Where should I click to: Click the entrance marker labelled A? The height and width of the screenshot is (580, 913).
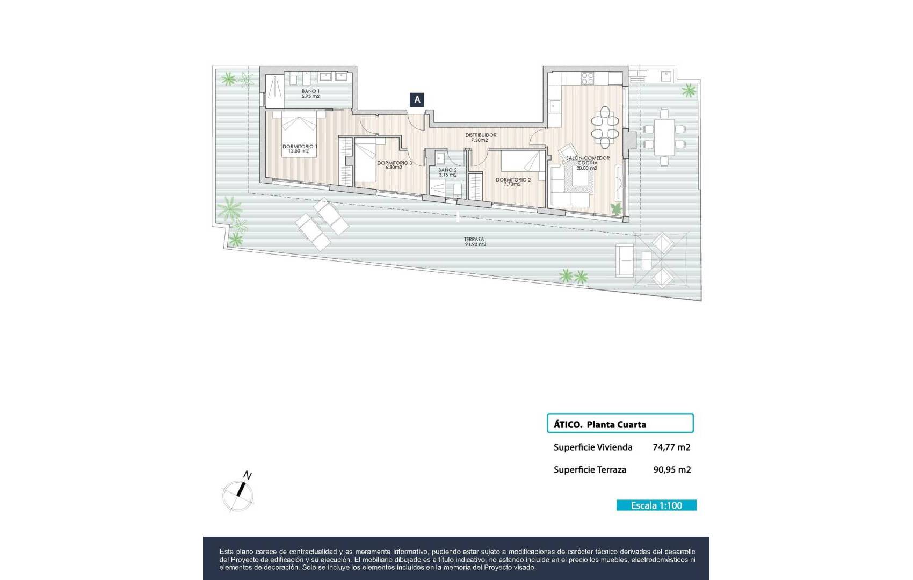417,99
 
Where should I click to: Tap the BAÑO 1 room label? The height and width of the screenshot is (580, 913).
310,93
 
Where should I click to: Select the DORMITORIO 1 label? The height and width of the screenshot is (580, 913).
299,148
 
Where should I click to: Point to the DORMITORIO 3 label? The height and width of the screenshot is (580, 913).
394,165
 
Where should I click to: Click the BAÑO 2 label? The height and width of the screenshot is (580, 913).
447,172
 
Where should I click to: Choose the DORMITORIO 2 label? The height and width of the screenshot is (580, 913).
513,182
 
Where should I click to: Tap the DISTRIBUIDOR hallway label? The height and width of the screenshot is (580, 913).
480,137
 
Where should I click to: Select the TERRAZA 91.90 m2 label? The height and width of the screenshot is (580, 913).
475,242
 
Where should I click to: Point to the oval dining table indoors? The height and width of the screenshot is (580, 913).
605,127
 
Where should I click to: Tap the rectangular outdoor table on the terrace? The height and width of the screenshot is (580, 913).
664,136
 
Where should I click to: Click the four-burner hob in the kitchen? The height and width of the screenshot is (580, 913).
588,78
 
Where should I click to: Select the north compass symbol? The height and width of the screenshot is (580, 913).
238,492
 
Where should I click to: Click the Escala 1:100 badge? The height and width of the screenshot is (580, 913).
656,505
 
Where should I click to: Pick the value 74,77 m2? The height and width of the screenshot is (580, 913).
671,447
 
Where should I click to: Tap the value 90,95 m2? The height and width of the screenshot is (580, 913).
672,469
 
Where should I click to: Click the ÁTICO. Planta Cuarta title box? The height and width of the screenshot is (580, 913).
620,423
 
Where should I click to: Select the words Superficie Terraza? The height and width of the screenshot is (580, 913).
590,469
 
